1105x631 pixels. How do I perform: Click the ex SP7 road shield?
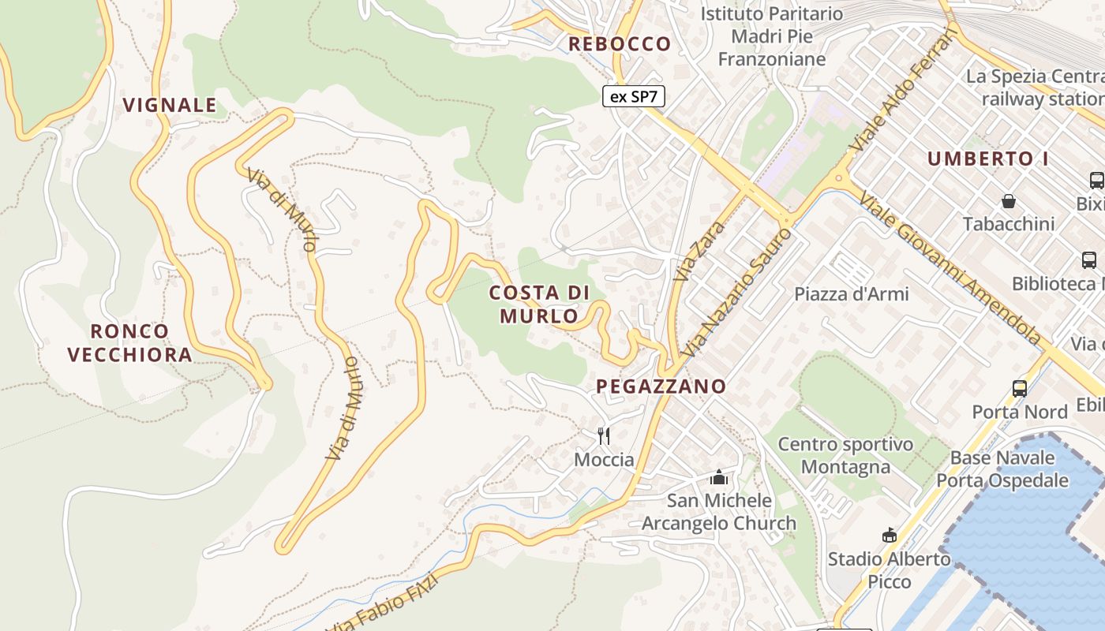[634, 97]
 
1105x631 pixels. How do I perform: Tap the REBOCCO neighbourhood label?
[620, 44]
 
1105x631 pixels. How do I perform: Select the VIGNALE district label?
[170, 105]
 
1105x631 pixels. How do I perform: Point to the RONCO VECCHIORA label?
[130, 343]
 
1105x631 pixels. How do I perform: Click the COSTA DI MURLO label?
[539, 304]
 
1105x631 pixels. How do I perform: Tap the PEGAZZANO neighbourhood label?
[661, 386]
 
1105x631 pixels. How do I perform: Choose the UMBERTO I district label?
[987, 159]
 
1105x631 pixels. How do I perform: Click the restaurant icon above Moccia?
[604, 435]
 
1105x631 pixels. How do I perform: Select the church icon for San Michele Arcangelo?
[718, 477]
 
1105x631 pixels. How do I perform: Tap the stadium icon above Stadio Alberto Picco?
[890, 536]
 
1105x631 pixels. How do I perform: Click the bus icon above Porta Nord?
[1020, 389]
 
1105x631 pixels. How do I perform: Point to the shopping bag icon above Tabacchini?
[1009, 201]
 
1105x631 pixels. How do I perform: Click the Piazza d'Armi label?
[852, 294]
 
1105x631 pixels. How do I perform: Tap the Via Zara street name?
[689, 252]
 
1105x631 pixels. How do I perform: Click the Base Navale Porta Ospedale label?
[1002, 469]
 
